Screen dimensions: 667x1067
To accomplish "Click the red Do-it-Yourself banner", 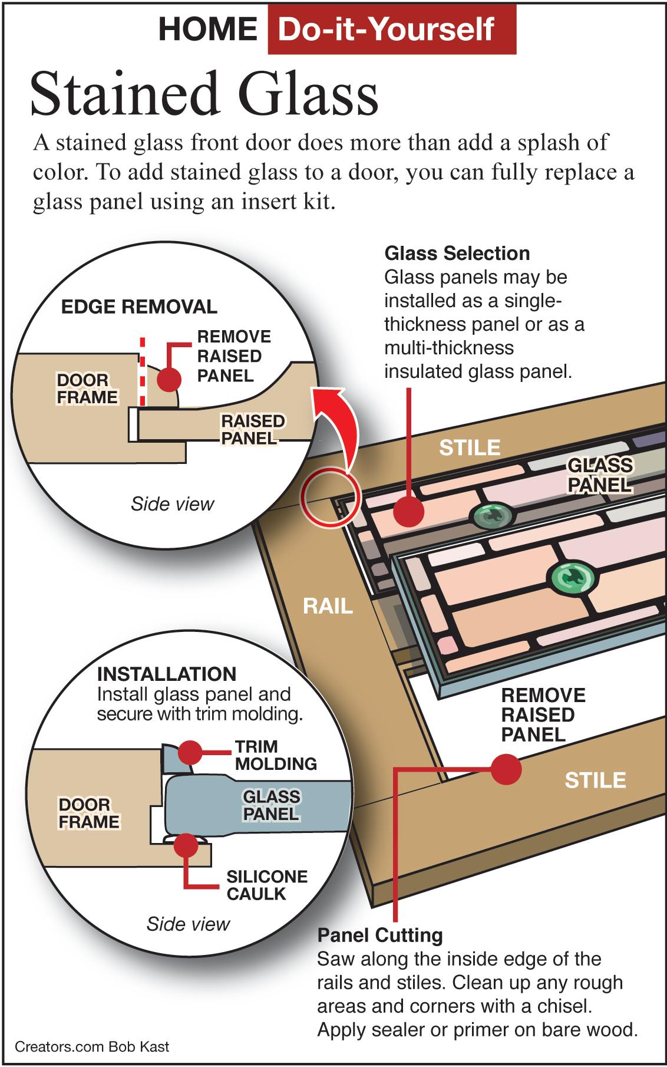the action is coord(392,29).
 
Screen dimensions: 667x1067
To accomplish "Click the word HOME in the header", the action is coord(208,29).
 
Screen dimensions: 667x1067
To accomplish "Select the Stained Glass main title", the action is coord(204,94).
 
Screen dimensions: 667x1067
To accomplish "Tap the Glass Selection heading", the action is coord(457,253).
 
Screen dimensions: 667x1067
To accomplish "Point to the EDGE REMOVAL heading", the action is coord(139,307).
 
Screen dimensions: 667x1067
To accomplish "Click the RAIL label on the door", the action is coord(328,606).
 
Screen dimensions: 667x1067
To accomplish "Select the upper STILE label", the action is coord(470,448).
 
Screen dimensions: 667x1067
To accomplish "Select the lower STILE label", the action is coord(595,781).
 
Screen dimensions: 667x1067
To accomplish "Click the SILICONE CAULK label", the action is coord(267,885).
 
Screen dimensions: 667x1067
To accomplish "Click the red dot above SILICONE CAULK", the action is coord(186,845).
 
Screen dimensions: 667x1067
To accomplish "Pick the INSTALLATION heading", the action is coord(167,674).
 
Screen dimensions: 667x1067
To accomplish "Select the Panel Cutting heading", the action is coord(380,935).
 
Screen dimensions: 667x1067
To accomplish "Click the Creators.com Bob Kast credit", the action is coord(92,1046).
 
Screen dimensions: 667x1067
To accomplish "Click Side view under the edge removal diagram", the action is coord(173,504).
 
